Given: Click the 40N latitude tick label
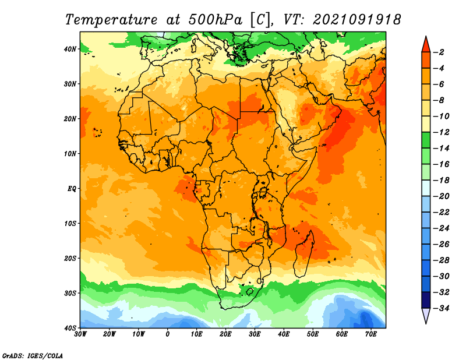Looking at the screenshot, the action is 70,49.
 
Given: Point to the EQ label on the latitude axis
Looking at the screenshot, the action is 72,189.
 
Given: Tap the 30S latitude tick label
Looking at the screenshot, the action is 70,294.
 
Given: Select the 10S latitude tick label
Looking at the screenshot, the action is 70,224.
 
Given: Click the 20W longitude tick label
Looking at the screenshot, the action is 109,334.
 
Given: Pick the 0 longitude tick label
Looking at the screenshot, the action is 168,334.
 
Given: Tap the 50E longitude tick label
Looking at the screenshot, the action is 313,334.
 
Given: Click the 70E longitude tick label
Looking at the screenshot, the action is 371,334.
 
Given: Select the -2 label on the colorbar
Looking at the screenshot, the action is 439,52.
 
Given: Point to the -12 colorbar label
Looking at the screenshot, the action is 441,132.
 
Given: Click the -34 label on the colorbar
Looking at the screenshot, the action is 441,308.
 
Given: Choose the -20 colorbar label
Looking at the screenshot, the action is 441,196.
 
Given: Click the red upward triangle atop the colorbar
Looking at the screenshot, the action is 426,45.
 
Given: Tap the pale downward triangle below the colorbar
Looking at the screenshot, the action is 426,315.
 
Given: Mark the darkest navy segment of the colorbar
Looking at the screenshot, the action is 426,300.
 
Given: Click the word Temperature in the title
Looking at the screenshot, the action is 111,20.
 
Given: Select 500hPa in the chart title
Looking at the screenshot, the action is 215,20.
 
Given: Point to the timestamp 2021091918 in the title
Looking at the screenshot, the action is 357,20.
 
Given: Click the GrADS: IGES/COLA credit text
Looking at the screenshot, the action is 33,355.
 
